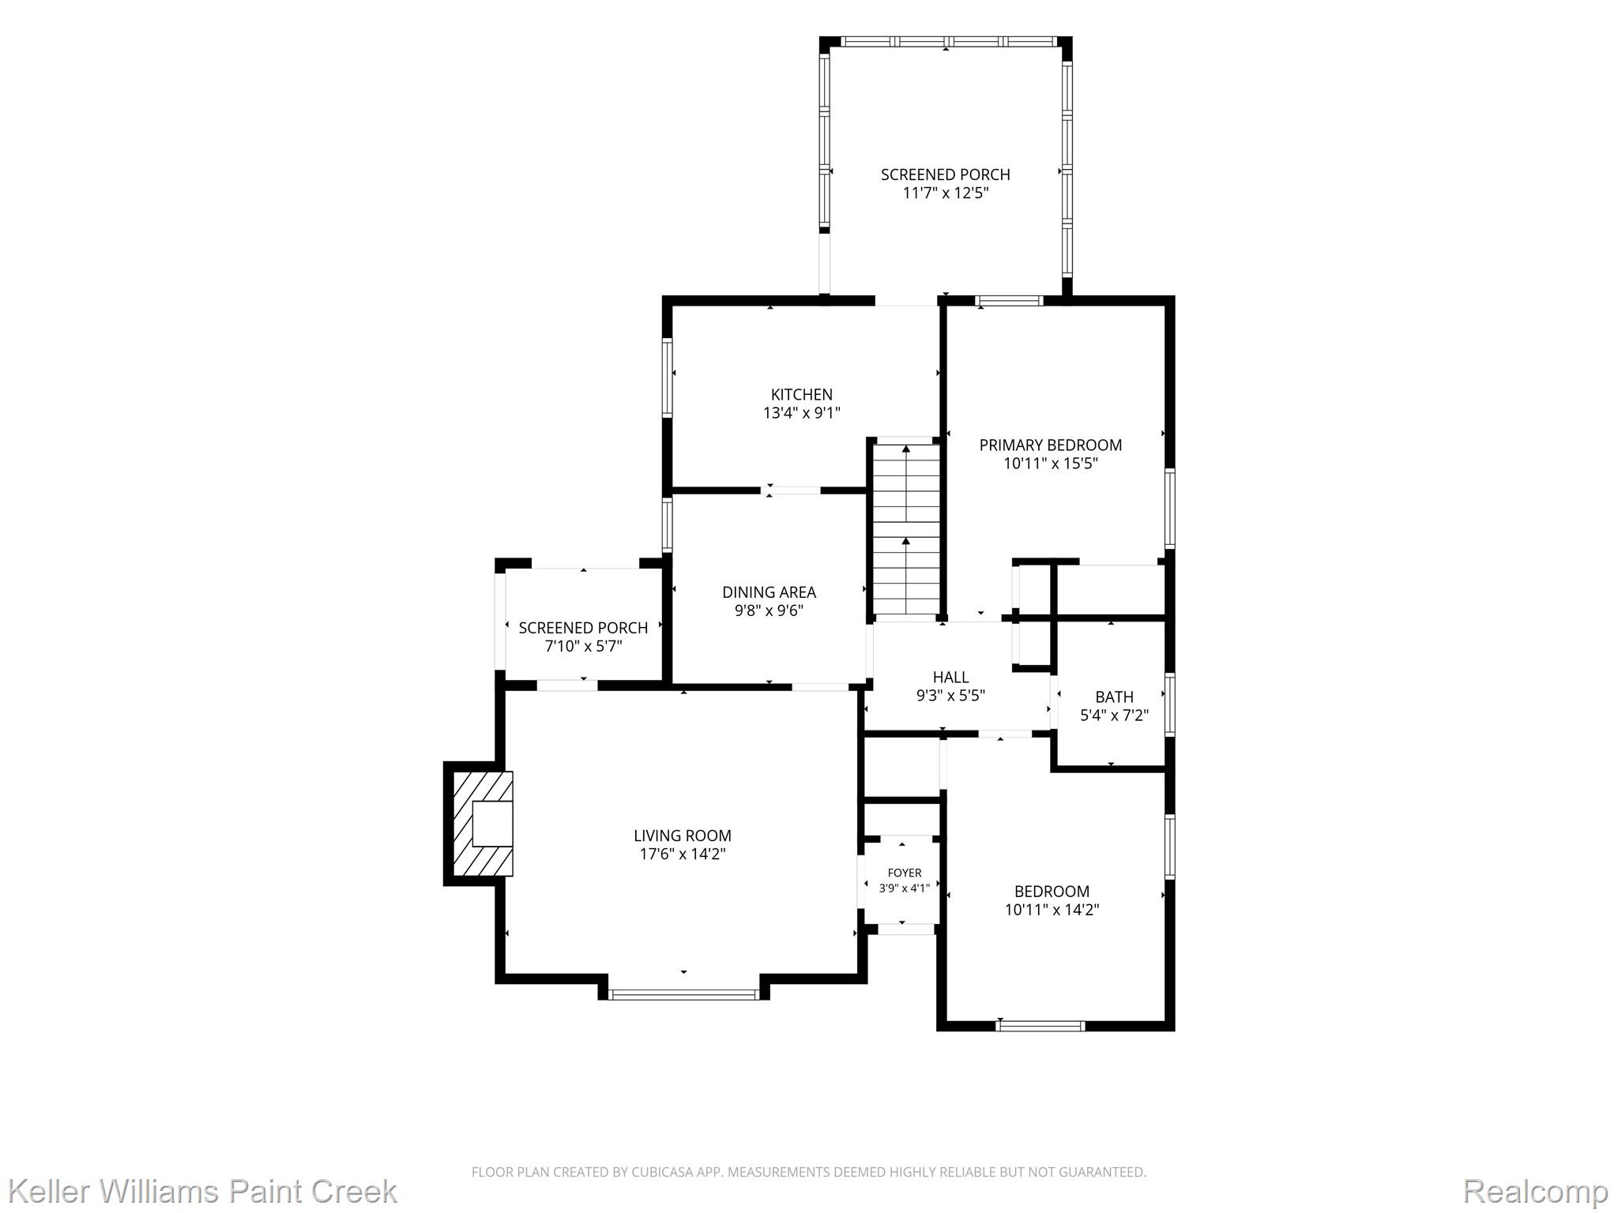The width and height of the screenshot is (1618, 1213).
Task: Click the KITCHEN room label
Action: [x=801, y=395]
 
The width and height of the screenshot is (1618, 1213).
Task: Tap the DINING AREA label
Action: [x=769, y=592]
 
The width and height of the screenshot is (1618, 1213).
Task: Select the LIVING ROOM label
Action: [x=683, y=836]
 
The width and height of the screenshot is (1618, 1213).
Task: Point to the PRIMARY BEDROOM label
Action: [x=1051, y=445]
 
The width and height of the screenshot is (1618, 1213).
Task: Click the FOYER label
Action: [x=905, y=873]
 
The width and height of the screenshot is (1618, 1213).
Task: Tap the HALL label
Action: [x=950, y=678]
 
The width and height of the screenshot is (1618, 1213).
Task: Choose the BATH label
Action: [x=1114, y=697]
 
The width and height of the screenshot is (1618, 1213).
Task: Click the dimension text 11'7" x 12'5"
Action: [x=946, y=193]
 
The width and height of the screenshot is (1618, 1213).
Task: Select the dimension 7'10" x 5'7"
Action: [x=583, y=647]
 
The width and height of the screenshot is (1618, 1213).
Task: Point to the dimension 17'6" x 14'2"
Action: [x=683, y=854]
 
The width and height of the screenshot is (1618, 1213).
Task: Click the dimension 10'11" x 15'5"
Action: [x=1051, y=464]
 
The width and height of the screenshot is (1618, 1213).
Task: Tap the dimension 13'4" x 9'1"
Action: [x=801, y=413]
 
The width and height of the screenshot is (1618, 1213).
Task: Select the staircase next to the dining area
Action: [x=906, y=528]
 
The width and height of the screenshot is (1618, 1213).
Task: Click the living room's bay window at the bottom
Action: [x=684, y=994]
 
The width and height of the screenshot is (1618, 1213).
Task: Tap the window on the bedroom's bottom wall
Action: [x=1040, y=1026]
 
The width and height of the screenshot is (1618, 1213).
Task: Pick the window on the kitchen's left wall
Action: [x=668, y=377]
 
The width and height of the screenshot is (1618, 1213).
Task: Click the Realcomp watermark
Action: [x=1535, y=1190]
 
